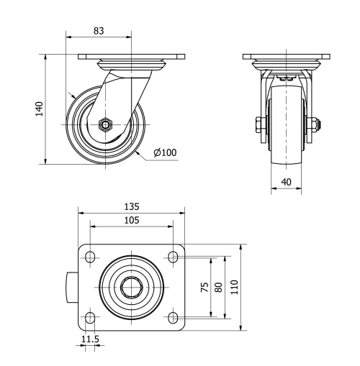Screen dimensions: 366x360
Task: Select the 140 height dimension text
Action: coord(40,108)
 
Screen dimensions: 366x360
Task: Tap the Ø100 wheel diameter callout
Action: coord(165,152)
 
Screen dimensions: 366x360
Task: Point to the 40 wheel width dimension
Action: coord(287,183)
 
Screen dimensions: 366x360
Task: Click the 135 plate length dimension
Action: coord(130,207)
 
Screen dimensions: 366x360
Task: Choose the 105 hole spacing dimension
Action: coord(130,220)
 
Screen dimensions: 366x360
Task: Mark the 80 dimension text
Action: coord(219,287)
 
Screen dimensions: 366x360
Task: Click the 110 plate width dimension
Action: coord(234,287)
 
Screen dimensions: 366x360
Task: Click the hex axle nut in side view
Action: coord(106,124)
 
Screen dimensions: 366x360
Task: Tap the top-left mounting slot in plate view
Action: coord(90,257)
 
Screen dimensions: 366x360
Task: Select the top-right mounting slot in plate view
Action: coord(173,257)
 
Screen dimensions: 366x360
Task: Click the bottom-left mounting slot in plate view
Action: coord(90,317)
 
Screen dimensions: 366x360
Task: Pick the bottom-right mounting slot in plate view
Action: coord(173,317)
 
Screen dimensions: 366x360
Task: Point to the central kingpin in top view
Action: coord(131,287)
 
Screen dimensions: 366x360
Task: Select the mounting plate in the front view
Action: coord(287,57)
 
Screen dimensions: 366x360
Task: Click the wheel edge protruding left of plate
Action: coord(72,287)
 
